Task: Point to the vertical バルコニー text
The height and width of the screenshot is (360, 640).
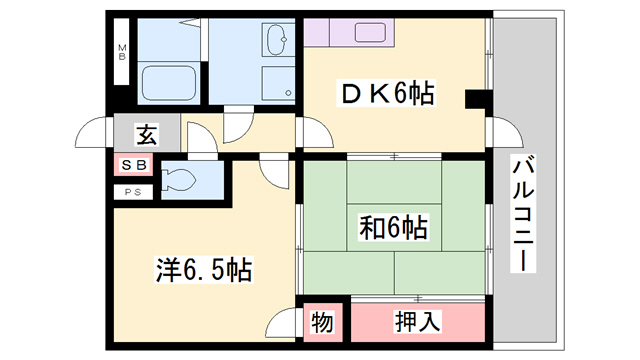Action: point(520,215)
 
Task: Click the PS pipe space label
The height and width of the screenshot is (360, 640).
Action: point(133,191)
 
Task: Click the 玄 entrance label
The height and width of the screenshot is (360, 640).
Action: point(146,132)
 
